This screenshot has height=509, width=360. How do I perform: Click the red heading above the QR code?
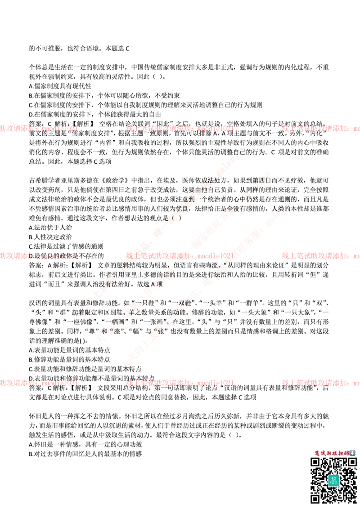[x=331, y=453]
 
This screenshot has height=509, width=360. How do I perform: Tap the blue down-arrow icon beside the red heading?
[x=353, y=453]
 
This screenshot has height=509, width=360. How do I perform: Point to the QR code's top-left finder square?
[x=315, y=462]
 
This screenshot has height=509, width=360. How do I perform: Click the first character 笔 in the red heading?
[x=317, y=453]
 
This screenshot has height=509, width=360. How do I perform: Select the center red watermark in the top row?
[x=180, y=129]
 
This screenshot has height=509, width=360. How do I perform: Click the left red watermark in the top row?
[x=40, y=129]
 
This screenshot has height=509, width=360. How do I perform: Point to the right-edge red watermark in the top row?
[x=320, y=129]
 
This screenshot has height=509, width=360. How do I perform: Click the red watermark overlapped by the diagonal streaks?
[x=180, y=255]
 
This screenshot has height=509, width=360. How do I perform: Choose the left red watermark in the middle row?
[x=40, y=256]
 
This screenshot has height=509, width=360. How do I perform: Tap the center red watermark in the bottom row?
[x=180, y=383]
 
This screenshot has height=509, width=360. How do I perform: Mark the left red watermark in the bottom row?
[x=40, y=383]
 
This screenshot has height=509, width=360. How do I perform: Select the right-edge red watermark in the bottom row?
[x=320, y=383]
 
